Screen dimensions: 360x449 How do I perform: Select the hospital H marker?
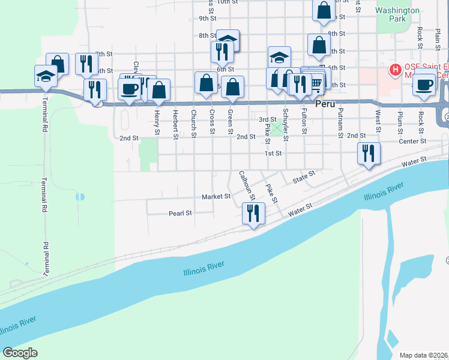[x=395, y=70]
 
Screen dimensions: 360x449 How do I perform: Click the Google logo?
[x=20, y=353]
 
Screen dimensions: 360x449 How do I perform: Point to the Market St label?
[x=216, y=197]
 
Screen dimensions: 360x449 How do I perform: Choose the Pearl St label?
[x=180, y=213]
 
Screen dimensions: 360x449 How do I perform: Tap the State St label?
[x=304, y=176]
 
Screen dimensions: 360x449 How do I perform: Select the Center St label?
[x=412, y=142]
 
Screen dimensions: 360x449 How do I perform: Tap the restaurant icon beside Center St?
[x=369, y=152]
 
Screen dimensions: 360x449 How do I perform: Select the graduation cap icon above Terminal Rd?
[x=46, y=76]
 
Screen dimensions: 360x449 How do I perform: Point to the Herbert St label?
[x=175, y=123]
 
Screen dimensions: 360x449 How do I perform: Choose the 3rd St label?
[x=267, y=120]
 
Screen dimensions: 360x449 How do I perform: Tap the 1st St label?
[x=274, y=154]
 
